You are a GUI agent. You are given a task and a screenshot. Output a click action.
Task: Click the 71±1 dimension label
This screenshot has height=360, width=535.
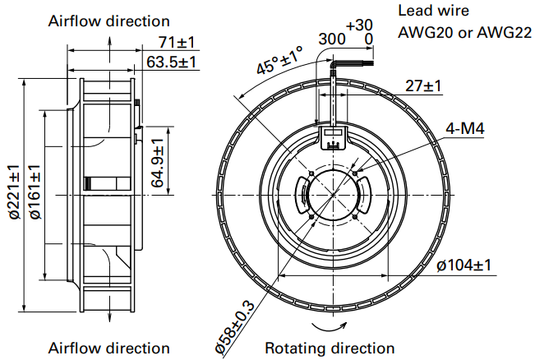click(x=176, y=42)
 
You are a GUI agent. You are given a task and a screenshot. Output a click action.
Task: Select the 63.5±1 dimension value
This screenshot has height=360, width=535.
click(x=171, y=61)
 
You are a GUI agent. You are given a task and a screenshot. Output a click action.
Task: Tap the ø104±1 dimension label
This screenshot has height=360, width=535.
click(x=464, y=265)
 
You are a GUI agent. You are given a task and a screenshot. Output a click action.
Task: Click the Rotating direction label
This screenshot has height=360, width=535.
click(x=330, y=348)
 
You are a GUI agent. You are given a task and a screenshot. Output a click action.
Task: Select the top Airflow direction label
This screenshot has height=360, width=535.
click(x=110, y=21)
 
